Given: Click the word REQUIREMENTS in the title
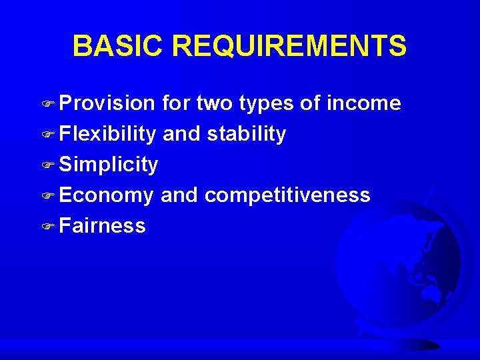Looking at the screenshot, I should click(x=289, y=47).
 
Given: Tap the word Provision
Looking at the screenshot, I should click(x=107, y=103).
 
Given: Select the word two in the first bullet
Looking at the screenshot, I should click(x=214, y=103).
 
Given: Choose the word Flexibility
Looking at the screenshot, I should click(x=107, y=134).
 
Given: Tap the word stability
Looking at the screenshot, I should click(x=247, y=134).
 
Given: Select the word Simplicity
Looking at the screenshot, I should click(x=109, y=165).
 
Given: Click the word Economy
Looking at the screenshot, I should click(x=107, y=195).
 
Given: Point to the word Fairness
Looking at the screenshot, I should click(x=102, y=225).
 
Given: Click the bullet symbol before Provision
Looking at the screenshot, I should click(x=51, y=104).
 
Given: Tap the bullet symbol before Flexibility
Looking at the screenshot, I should click(x=51, y=135).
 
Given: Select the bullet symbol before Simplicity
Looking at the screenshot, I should click(x=51, y=165).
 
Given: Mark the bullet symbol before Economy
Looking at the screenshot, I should click(x=51, y=196).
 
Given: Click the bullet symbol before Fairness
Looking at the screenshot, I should click(x=51, y=227).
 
